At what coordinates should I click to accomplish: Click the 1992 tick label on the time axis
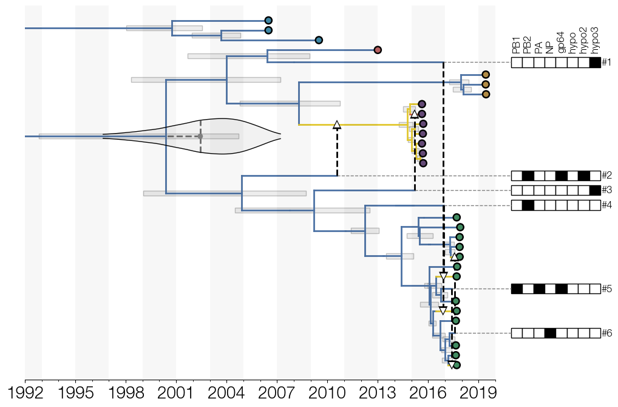click(x=25, y=393)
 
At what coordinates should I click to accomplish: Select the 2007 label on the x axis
click(x=277, y=393)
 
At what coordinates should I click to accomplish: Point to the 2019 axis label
click(x=479, y=393)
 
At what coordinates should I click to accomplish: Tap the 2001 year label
click(x=176, y=393)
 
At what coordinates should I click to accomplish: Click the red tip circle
click(x=378, y=50)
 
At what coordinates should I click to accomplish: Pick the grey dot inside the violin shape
click(x=200, y=137)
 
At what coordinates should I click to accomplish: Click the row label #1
click(x=606, y=63)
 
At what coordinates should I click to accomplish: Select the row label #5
click(x=606, y=289)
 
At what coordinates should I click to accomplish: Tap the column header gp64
click(x=562, y=43)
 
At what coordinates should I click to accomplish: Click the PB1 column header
click(x=516, y=46)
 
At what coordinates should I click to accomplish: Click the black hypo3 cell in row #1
click(x=595, y=63)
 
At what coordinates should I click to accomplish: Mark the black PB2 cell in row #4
click(x=528, y=205)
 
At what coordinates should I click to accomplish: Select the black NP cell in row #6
click(x=550, y=333)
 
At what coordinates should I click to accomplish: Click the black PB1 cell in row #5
click(x=517, y=289)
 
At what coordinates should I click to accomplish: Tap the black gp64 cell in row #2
click(x=562, y=176)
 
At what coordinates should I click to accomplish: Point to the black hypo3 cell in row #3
click(x=595, y=191)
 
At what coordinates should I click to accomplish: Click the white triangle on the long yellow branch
click(x=337, y=125)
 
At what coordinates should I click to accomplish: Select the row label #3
click(x=606, y=191)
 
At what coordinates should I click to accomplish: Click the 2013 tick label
click(x=378, y=393)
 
